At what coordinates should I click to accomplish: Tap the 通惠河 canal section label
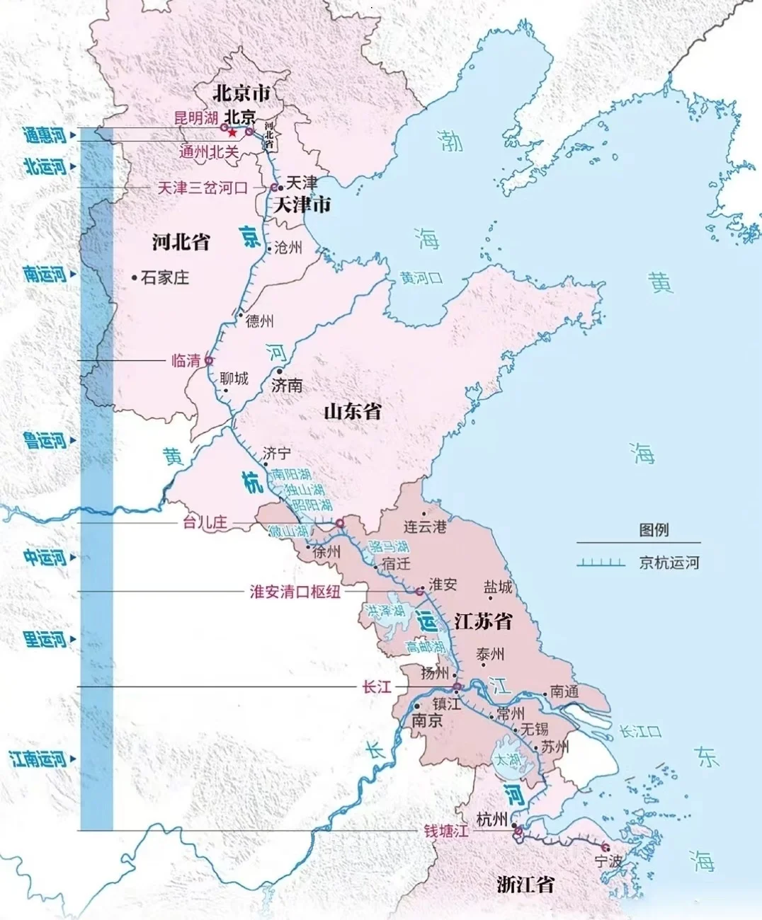44,134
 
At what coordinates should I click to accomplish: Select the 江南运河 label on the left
38,759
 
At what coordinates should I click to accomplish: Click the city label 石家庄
164,277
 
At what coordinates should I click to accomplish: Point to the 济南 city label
287,385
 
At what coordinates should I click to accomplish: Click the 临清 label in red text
186,361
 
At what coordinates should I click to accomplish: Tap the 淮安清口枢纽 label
295,592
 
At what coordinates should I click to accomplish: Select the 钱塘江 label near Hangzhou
446,831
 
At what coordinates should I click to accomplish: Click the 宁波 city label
608,861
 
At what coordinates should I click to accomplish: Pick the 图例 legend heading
653,529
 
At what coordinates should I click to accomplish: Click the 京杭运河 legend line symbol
601,563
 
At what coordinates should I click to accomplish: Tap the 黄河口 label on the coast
421,278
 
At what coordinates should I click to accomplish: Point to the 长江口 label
640,731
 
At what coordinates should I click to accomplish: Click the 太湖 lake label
508,759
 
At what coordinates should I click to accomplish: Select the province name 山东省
353,411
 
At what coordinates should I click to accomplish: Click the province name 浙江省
525,884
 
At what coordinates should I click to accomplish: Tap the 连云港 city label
425,527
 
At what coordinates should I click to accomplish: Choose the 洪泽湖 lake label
386,610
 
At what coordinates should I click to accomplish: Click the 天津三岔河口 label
203,188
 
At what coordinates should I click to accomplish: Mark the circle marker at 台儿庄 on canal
340,523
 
